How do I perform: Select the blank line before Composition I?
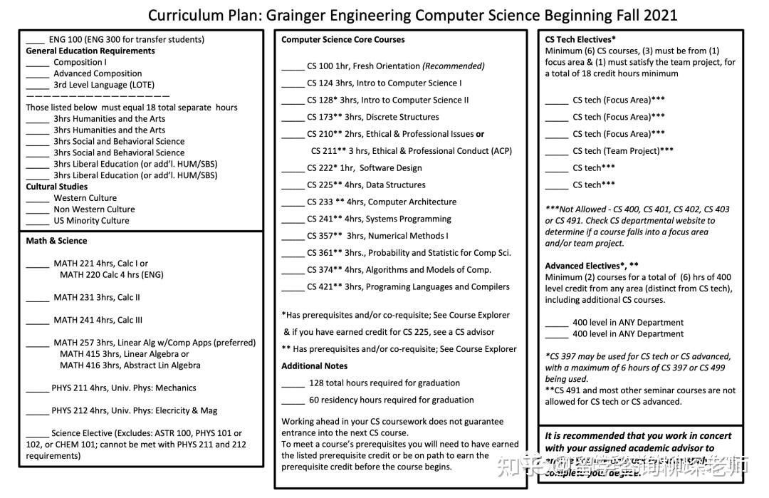[38, 64]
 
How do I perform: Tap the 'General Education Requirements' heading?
[90, 51]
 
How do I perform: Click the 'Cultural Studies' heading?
[57, 187]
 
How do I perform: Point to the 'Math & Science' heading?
[57, 241]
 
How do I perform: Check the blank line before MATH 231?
[38, 299]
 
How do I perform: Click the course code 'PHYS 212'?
[70, 410]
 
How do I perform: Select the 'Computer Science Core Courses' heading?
[343, 40]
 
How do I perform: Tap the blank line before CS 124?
[293, 85]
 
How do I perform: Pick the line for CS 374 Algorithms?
[399, 270]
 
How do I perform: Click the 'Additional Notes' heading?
[315, 366]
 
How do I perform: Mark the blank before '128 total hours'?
[293, 385]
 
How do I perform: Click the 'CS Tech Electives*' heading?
[580, 40]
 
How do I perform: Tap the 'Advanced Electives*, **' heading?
[592, 266]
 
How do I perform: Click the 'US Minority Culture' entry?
[91, 221]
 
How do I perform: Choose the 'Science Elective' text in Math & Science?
[82, 433]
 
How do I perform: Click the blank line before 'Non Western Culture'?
[38, 212]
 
